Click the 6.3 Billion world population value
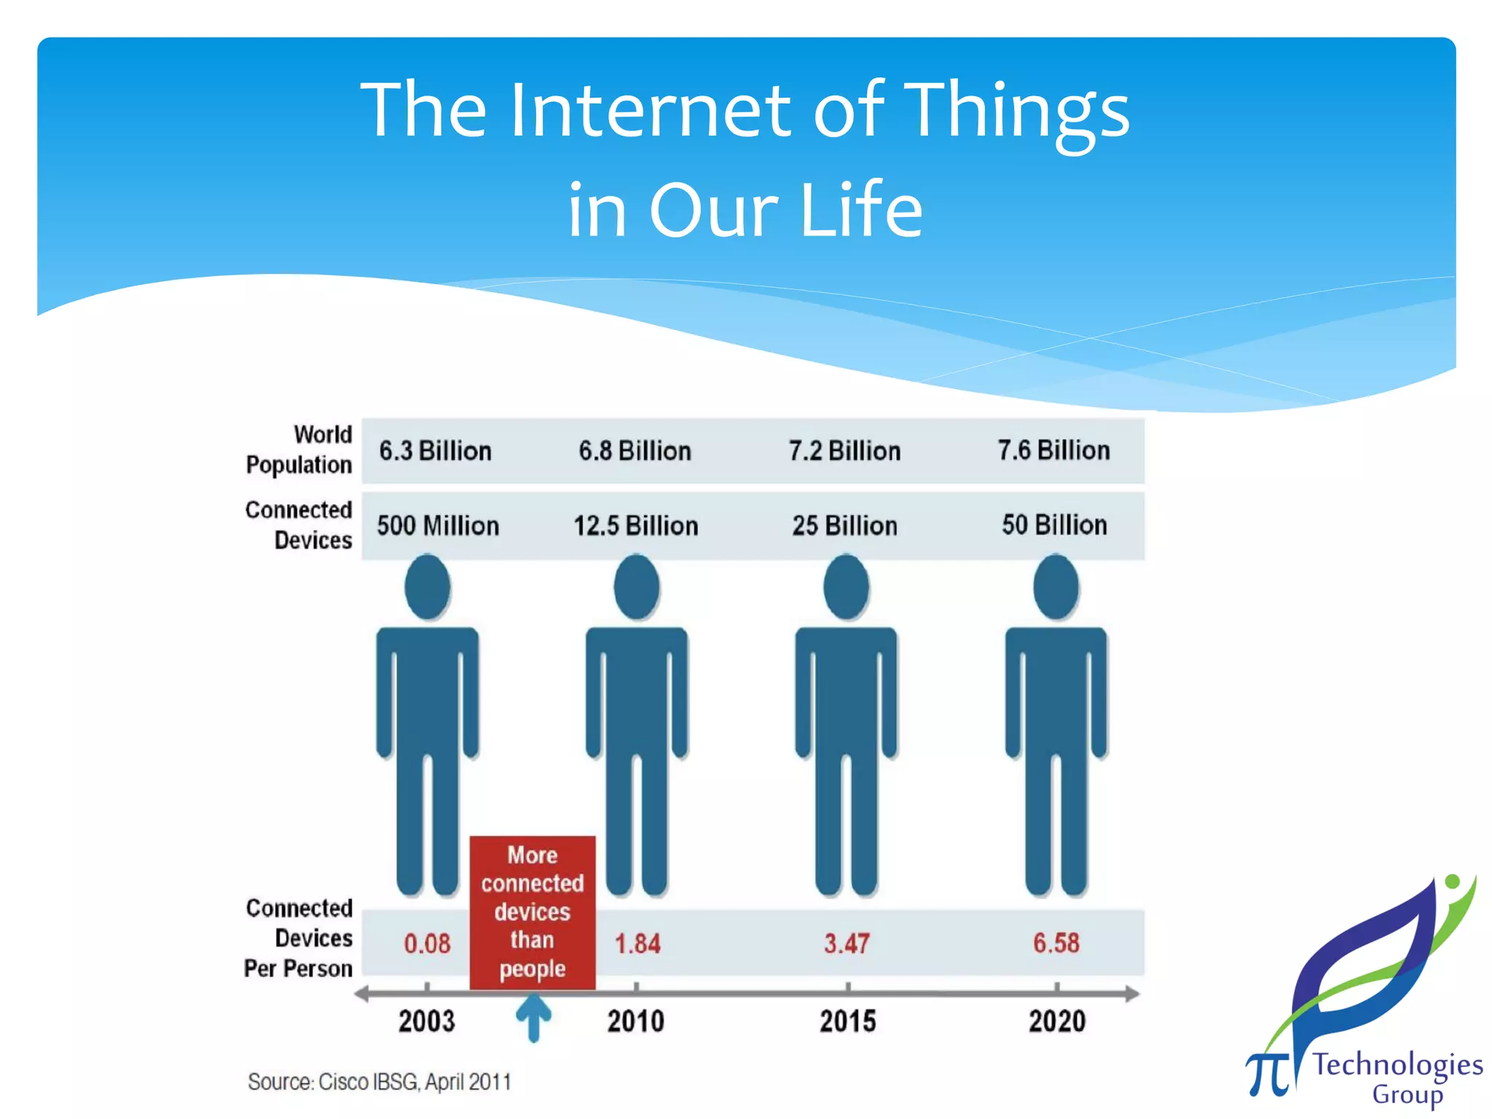coord(435,451)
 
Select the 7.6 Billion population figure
coord(1053,451)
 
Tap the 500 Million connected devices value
coord(438,526)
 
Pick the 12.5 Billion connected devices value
coord(635,526)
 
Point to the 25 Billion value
coord(844,526)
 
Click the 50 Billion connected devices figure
coord(1054,525)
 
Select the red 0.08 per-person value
coord(427,944)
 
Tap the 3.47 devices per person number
coord(847,944)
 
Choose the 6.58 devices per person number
coord(1056,943)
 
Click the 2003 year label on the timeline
coord(426,1021)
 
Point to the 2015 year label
coord(847,1021)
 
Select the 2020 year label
coord(1057,1021)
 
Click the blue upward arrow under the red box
coord(533,1017)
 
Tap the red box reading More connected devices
coord(533,912)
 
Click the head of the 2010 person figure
coord(637,587)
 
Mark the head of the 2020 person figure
coord(1056,587)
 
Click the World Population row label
coord(299,449)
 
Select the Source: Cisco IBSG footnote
coord(379,1082)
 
